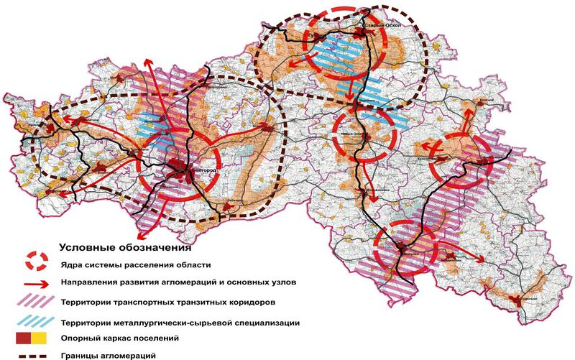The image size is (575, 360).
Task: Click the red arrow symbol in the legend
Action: [x=35, y=283]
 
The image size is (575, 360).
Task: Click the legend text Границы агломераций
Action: [x=116, y=354]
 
